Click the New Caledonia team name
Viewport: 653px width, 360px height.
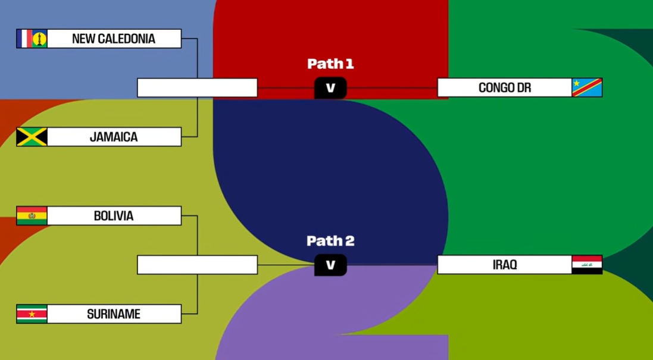point(114,39)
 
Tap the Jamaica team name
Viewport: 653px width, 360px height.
point(114,137)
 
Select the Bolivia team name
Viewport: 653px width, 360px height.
point(114,216)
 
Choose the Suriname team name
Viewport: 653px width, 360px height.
point(114,314)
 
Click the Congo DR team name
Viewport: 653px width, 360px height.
point(504,88)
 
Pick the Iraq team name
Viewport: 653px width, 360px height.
point(504,265)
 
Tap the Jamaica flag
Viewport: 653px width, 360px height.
point(32,137)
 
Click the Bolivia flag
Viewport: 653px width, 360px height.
point(32,216)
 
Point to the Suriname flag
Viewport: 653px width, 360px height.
point(32,314)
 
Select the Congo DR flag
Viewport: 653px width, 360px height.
point(587,88)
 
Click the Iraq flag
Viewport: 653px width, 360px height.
point(587,265)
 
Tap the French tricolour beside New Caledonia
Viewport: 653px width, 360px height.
point(24,39)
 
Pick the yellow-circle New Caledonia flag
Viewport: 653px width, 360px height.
point(39,39)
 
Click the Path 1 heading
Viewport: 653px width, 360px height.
point(330,64)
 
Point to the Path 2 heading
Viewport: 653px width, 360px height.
point(330,241)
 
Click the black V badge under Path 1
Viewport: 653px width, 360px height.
point(330,89)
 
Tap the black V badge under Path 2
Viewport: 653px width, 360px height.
point(330,265)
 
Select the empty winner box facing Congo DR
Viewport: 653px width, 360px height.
point(197,88)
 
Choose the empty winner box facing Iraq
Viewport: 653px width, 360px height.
point(197,265)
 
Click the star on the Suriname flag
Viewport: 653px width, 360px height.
point(32,314)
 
